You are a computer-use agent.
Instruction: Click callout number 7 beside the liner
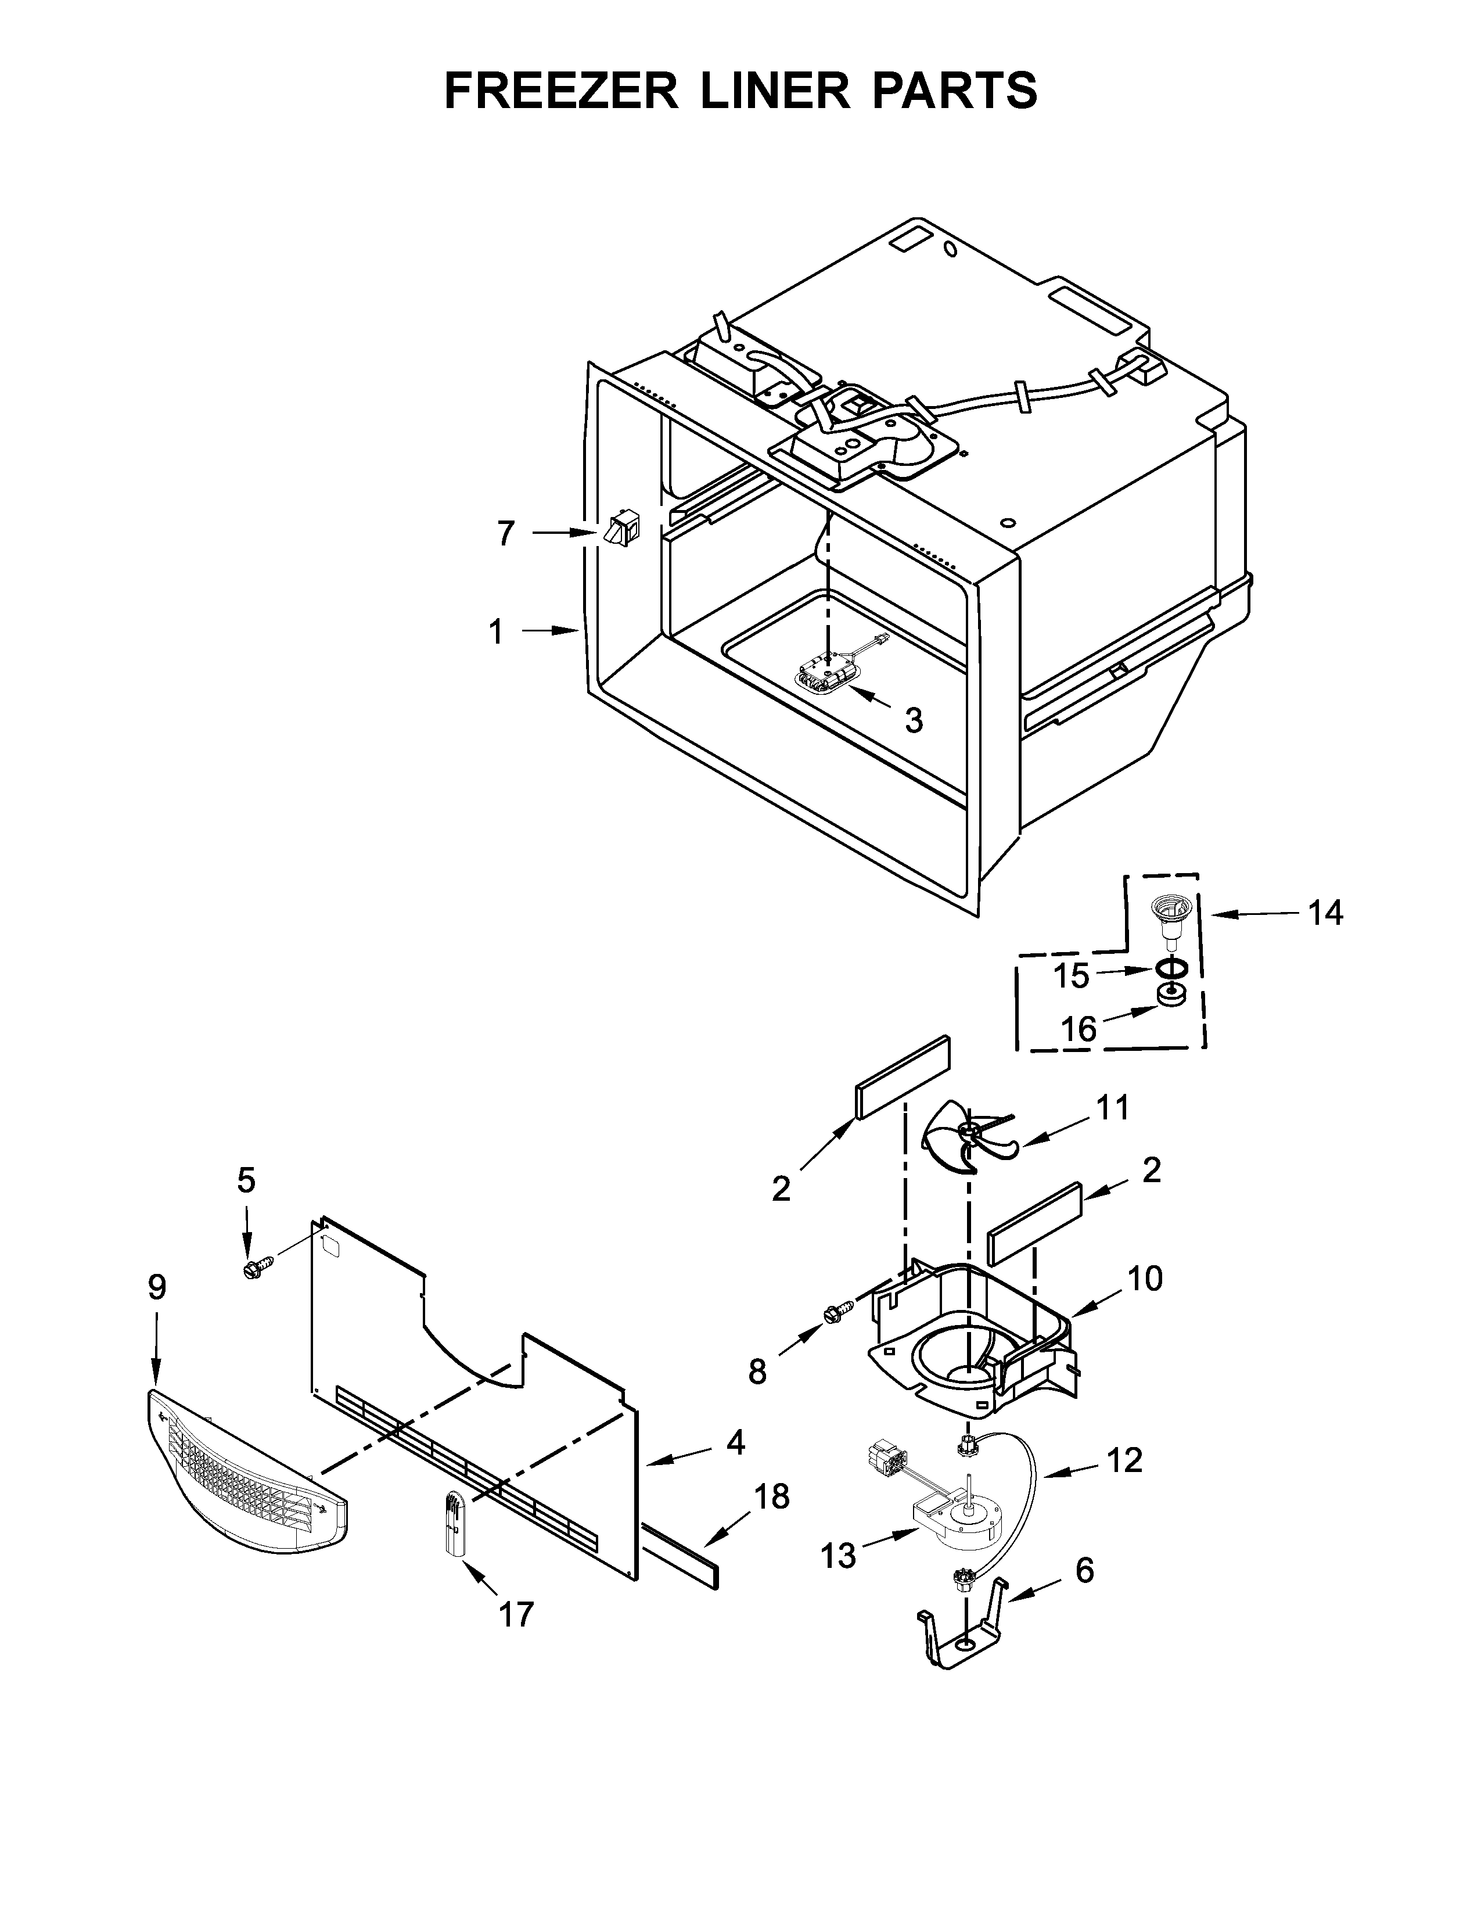(x=505, y=534)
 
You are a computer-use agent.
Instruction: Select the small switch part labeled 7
(x=621, y=530)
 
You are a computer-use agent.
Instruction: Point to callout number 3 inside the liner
(x=914, y=721)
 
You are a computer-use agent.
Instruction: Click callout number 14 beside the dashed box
(x=1325, y=914)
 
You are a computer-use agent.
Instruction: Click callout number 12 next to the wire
(x=1124, y=1460)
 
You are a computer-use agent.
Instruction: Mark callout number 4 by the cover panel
(x=735, y=1442)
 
